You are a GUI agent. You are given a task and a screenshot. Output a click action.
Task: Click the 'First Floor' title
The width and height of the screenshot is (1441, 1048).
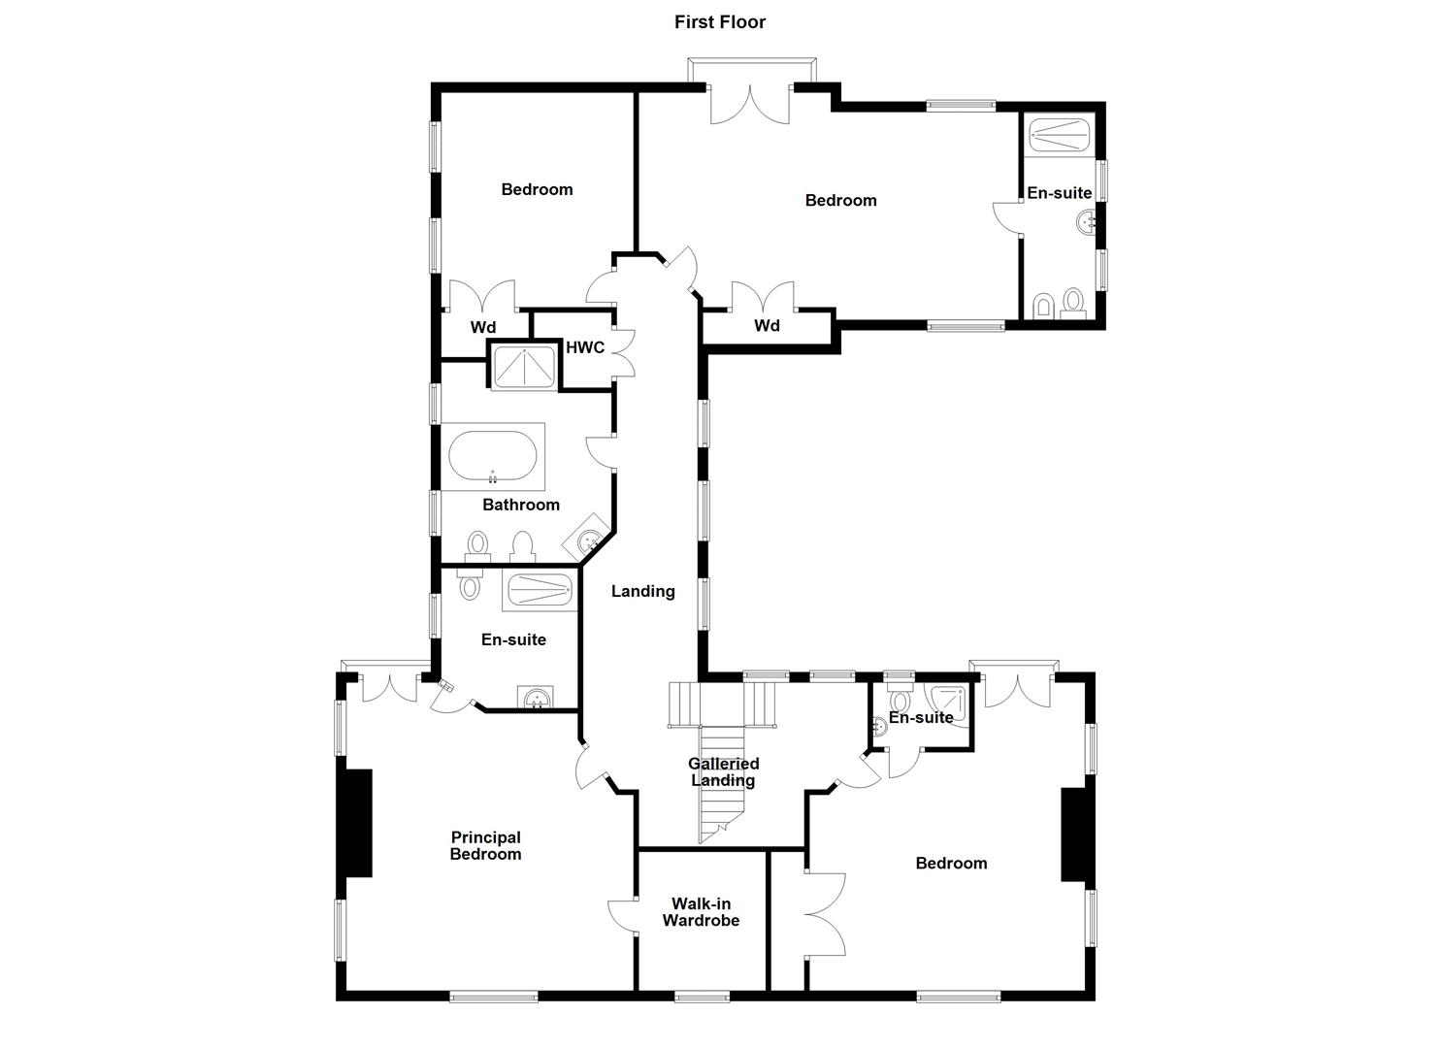720,22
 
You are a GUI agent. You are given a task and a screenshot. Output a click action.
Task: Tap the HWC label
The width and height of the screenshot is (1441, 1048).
585,347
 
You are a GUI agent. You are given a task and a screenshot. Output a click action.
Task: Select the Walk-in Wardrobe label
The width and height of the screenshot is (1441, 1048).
701,911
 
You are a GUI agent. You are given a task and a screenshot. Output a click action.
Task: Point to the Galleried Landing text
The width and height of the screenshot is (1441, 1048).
723,771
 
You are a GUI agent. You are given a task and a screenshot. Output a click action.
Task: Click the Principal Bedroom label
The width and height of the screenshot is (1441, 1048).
486,845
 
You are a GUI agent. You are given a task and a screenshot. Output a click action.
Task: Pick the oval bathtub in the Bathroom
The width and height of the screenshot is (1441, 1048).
493,456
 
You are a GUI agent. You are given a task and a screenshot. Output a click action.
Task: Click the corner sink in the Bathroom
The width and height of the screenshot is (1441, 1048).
587,540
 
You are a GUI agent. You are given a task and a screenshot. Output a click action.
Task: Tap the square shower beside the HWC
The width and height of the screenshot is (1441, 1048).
524,368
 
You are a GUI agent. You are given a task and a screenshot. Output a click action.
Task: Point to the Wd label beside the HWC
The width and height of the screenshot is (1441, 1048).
483,327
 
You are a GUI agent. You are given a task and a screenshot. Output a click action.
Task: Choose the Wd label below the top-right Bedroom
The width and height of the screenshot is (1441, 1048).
767,325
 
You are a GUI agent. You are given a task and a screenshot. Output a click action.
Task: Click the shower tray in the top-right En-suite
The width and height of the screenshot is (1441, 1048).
1059,135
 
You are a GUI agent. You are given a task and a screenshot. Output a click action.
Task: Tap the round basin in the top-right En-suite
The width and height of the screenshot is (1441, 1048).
1086,222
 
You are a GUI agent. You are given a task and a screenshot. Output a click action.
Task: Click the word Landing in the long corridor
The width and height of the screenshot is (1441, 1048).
642,591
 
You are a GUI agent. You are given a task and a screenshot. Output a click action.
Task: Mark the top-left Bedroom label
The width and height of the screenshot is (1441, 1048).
537,189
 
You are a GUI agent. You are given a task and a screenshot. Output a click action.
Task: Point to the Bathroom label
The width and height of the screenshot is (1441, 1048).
520,505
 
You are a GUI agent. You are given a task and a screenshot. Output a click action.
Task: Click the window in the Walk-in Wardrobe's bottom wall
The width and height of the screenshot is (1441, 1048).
702,997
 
